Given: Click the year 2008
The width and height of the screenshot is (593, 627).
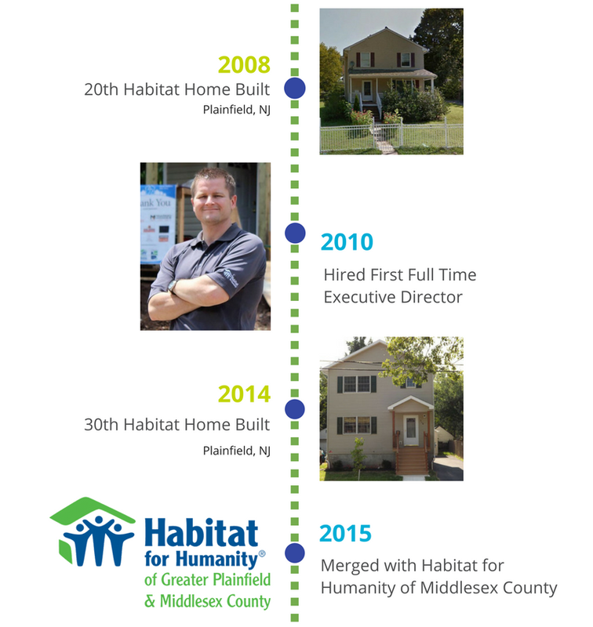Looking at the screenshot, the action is tap(244, 64).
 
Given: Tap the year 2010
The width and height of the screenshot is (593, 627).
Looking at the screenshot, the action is tap(347, 242).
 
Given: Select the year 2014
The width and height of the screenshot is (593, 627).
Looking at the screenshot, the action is tap(244, 394).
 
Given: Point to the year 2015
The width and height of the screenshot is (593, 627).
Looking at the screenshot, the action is tap(346, 533).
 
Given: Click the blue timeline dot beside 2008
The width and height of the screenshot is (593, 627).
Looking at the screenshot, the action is tap(295, 88).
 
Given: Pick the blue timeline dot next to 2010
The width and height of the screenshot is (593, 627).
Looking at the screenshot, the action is tap(295, 233).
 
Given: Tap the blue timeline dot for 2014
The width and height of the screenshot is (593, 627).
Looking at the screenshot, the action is tap(295, 409).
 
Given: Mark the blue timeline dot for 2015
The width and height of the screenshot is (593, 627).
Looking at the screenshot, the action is tap(295, 553).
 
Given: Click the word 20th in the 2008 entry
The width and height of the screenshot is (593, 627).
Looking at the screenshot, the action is tap(101, 89).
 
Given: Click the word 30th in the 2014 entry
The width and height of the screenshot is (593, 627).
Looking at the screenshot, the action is tap(101, 424).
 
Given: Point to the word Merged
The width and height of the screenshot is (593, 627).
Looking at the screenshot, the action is tap(350, 566).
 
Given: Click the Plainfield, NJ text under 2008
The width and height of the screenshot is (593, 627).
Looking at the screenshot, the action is tap(236, 110).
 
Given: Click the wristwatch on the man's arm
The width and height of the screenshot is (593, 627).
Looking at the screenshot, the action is tap(173, 286).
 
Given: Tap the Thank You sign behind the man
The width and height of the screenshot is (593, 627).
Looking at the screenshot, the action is tap(158, 224).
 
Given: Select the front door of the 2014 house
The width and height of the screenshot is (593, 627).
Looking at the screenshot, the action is tap(411, 430).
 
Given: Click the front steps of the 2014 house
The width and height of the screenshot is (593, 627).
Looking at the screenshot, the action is tap(412, 461).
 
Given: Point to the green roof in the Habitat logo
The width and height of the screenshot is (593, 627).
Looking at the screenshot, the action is tap(93, 511).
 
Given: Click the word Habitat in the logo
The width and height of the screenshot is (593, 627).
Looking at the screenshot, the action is tap(202, 533).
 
